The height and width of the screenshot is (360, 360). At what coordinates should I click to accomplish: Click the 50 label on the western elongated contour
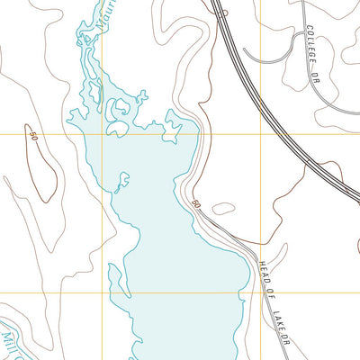33,136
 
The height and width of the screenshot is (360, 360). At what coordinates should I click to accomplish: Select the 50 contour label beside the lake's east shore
195,206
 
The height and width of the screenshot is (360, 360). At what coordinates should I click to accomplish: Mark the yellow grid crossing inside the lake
102,134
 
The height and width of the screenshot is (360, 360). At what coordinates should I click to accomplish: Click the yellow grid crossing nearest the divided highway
262,134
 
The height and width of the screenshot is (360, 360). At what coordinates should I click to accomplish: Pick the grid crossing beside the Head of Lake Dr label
262,292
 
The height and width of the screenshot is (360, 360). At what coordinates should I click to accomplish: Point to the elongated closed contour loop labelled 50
43,171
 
